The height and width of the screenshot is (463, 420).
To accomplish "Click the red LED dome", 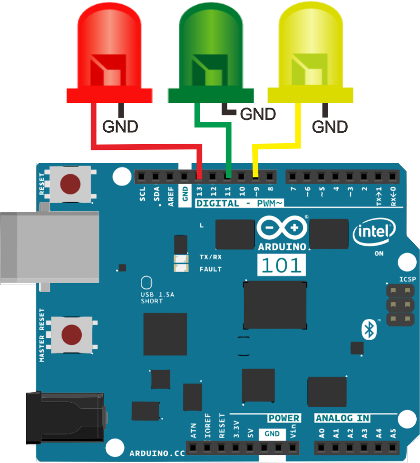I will tap(109, 48).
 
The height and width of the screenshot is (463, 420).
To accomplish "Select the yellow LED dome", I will tap(311, 48).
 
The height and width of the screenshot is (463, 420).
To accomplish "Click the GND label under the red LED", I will tap(120, 127).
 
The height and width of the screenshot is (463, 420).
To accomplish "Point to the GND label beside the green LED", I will tap(258, 114).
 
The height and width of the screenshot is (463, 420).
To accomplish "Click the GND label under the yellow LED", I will tap(330, 127).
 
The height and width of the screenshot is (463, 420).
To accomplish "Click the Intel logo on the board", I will tap(374, 233).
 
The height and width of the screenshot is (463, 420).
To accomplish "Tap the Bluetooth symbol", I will tap(368, 329).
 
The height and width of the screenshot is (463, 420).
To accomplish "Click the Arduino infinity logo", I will tap(281, 228).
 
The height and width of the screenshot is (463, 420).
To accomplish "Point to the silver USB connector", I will tap(48, 247).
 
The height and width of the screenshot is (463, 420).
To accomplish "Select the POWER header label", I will tap(284, 418).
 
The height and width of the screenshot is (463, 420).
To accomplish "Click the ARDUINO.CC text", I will tap(157, 453).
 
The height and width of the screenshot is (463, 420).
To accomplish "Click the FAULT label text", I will tap(211, 269).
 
